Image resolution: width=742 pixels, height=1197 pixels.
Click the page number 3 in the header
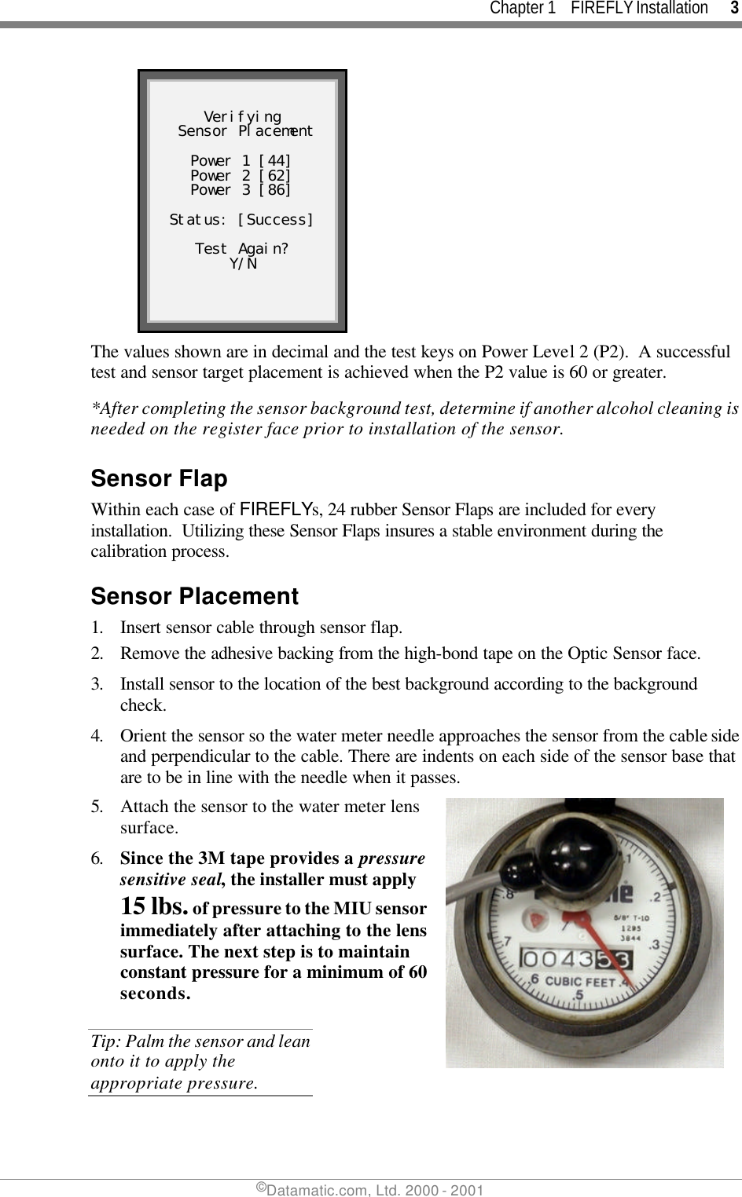(x=734, y=9)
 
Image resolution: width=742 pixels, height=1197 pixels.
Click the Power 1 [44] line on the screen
(x=241, y=162)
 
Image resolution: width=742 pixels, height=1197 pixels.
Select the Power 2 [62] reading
(x=241, y=176)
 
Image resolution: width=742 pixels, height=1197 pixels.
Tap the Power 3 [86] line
(x=241, y=190)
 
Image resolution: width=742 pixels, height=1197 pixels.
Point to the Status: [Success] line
(x=241, y=220)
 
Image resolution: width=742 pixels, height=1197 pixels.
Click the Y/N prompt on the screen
(x=242, y=263)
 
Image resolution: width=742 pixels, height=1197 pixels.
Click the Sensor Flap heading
(x=160, y=478)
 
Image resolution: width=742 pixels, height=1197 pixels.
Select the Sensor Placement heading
(x=195, y=597)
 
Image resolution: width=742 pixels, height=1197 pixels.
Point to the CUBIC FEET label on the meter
(x=581, y=981)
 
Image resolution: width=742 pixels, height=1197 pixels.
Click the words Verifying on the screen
(x=242, y=118)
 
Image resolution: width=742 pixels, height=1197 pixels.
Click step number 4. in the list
(x=98, y=737)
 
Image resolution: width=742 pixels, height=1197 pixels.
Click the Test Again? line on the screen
(x=241, y=249)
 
